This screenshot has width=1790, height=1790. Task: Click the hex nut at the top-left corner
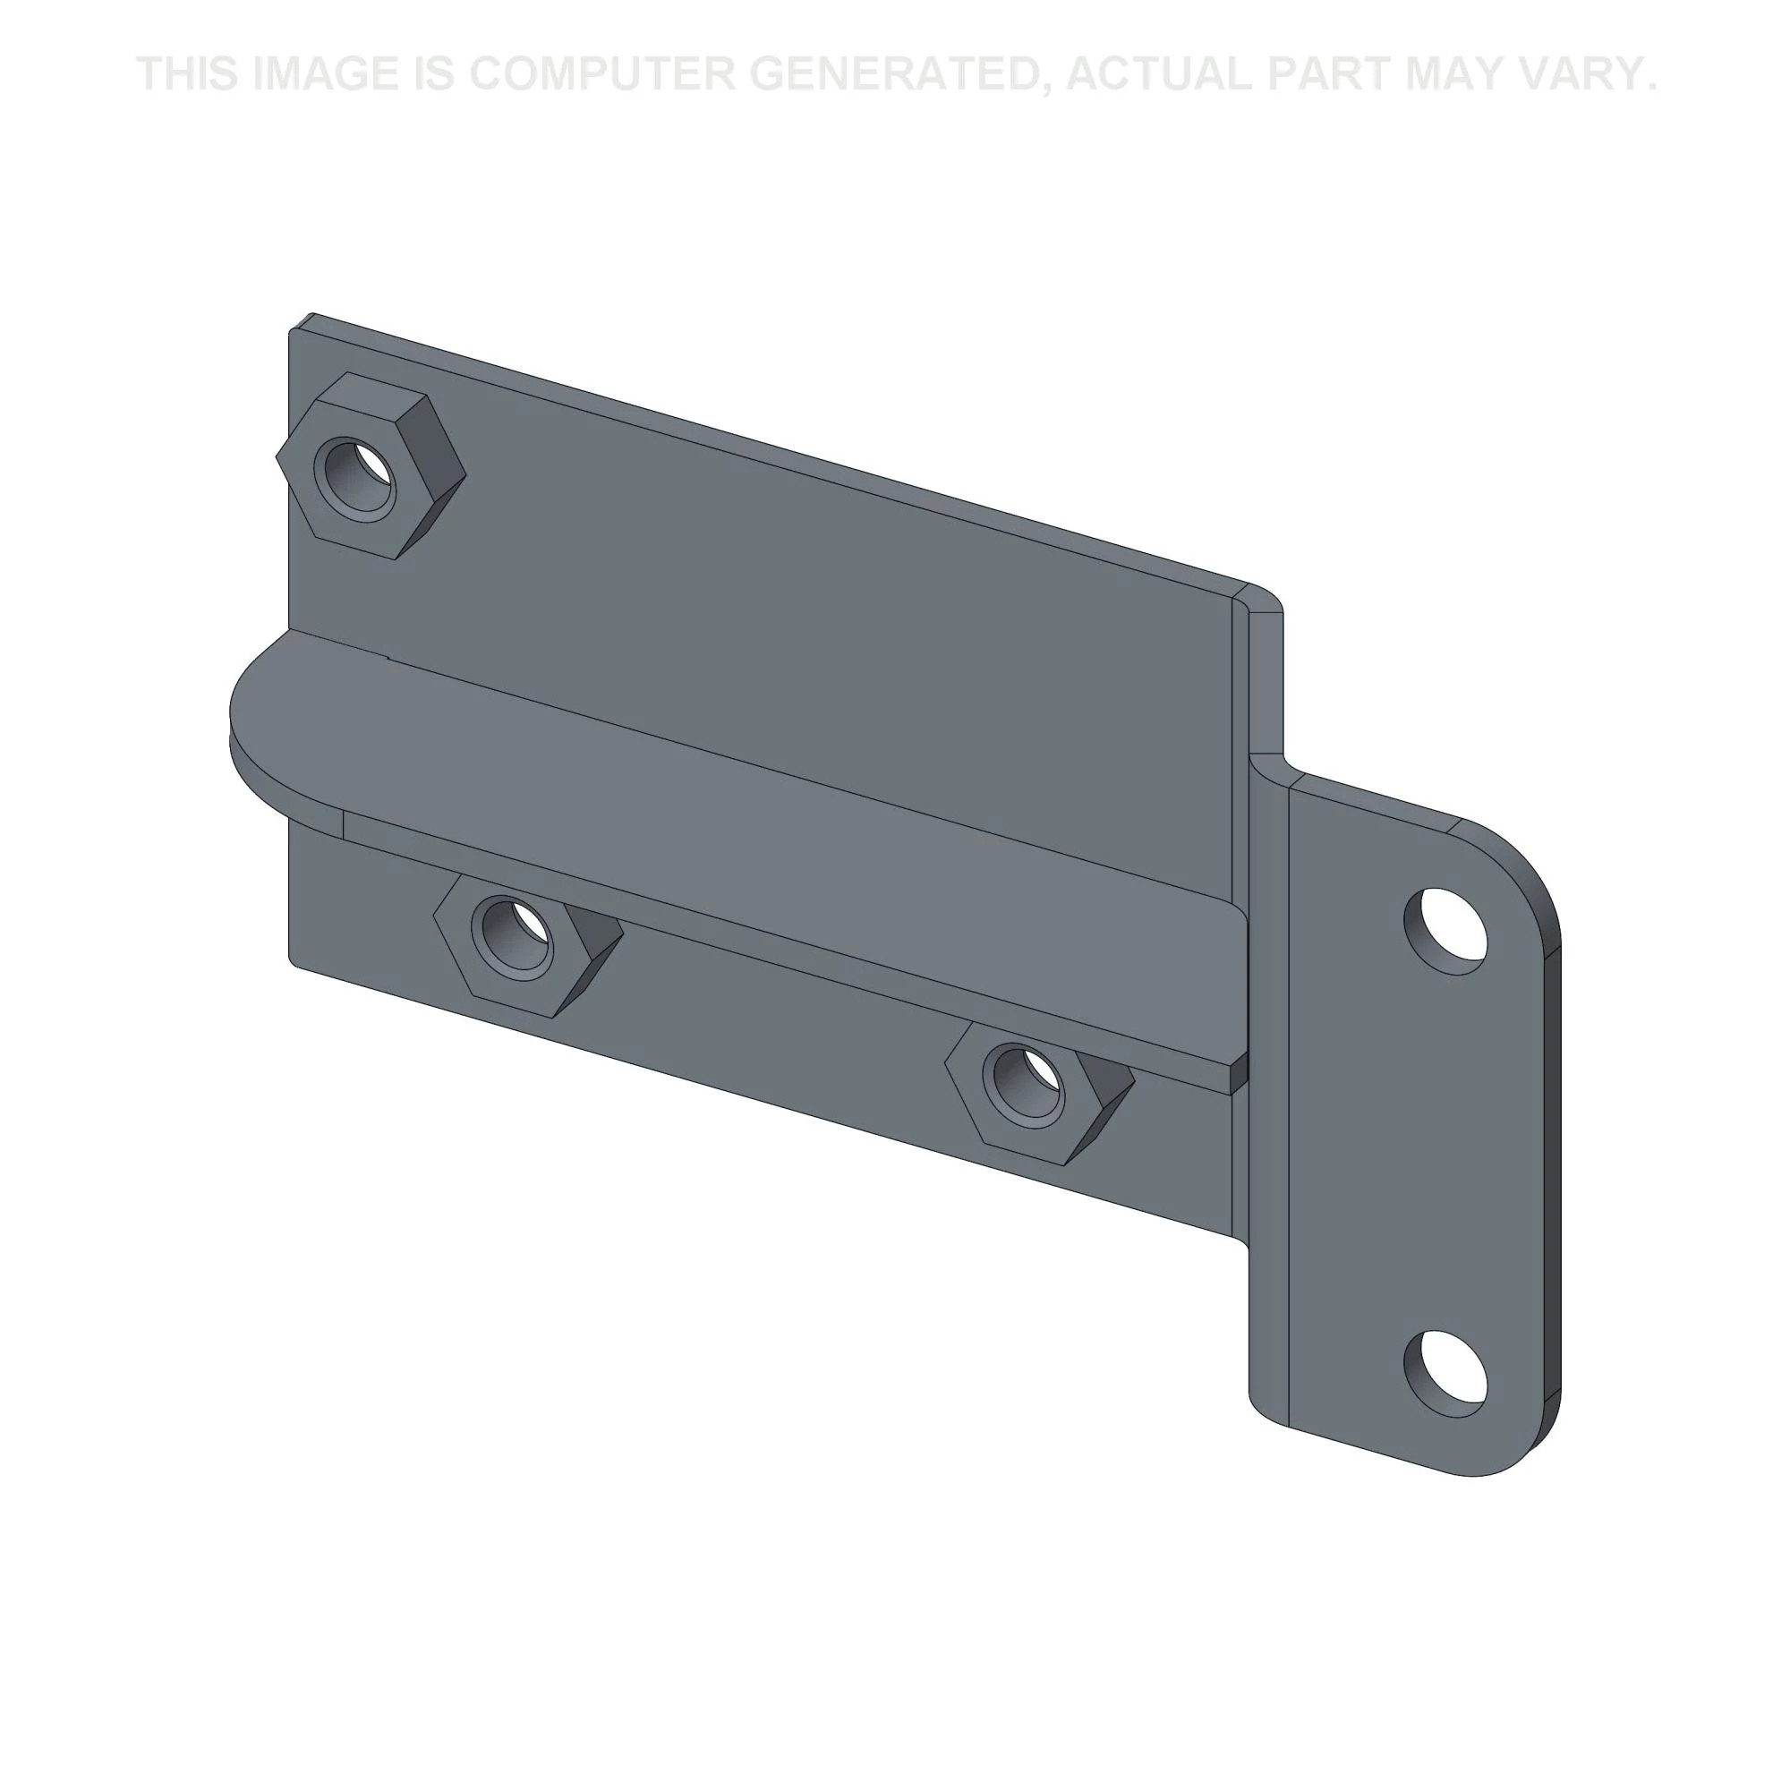tap(371, 465)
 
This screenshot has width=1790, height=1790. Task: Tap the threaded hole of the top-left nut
tap(357, 476)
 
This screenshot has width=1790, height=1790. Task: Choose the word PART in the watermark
tap(1328, 74)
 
